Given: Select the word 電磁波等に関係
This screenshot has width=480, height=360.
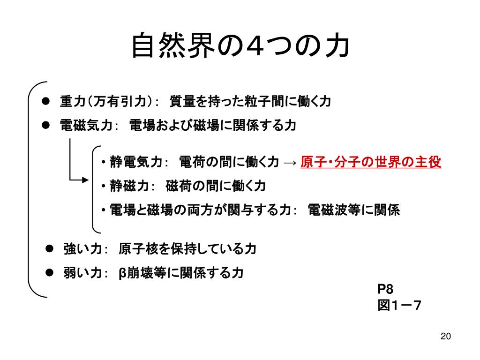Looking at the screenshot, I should coord(354,210).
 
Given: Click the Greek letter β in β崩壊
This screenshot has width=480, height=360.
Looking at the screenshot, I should coord(122,273).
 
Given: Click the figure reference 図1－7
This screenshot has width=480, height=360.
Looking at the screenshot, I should coord(399,306).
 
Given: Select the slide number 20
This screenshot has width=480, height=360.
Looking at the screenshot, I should coord(445,337).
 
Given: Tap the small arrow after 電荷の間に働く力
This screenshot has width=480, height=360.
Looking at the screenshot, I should coord(290,163).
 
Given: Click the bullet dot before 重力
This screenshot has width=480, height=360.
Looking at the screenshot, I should coord(45,101).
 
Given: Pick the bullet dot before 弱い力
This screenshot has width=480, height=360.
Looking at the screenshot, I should coord(49,272).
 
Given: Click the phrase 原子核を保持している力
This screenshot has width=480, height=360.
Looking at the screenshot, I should coord(187,248).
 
